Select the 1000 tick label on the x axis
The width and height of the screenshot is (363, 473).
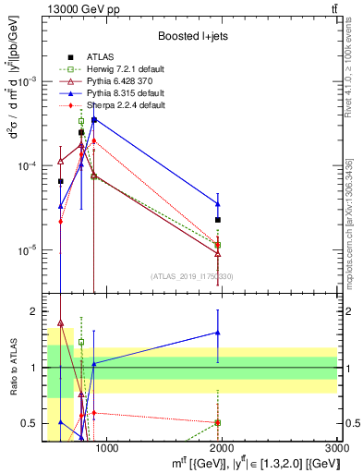[x=107, y=449]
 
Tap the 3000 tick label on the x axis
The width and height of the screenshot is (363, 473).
[x=337, y=449]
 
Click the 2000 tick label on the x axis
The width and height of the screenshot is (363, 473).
[x=223, y=449]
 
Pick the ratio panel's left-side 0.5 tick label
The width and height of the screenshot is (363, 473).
[x=30, y=424]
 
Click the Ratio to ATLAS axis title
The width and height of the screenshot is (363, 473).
[x=12, y=368]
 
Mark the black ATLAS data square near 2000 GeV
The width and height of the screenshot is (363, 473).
[x=217, y=220]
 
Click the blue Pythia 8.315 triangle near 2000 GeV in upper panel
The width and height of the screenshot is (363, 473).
[x=217, y=204]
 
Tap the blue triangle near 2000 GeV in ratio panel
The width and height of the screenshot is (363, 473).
[x=217, y=333]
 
